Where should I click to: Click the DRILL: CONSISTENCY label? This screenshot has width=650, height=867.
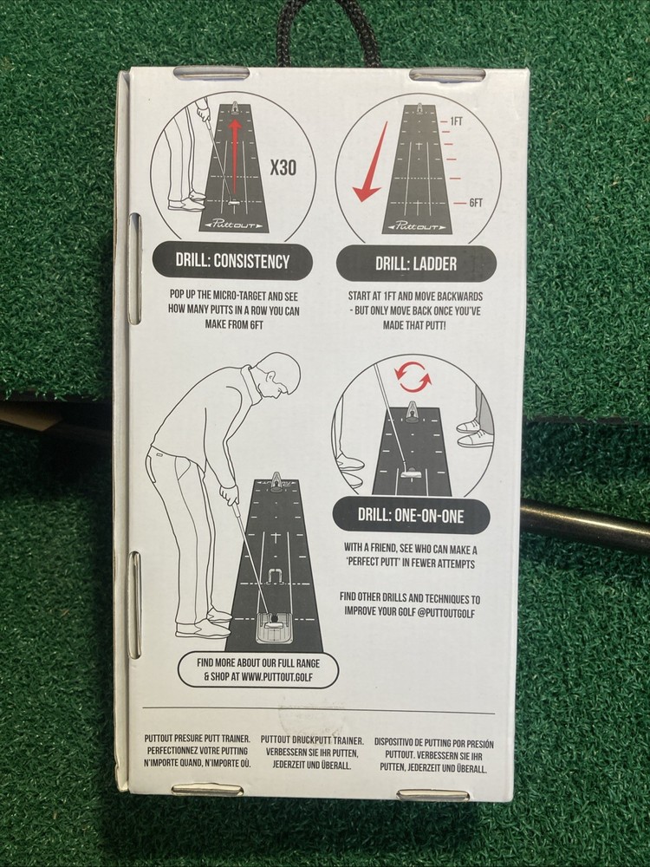[232, 261]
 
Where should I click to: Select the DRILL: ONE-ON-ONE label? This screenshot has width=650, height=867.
[412, 515]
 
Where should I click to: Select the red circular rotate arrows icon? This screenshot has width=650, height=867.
[413, 378]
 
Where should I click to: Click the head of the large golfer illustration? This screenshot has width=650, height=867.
[279, 375]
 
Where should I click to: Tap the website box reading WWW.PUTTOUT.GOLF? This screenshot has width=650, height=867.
[257, 670]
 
